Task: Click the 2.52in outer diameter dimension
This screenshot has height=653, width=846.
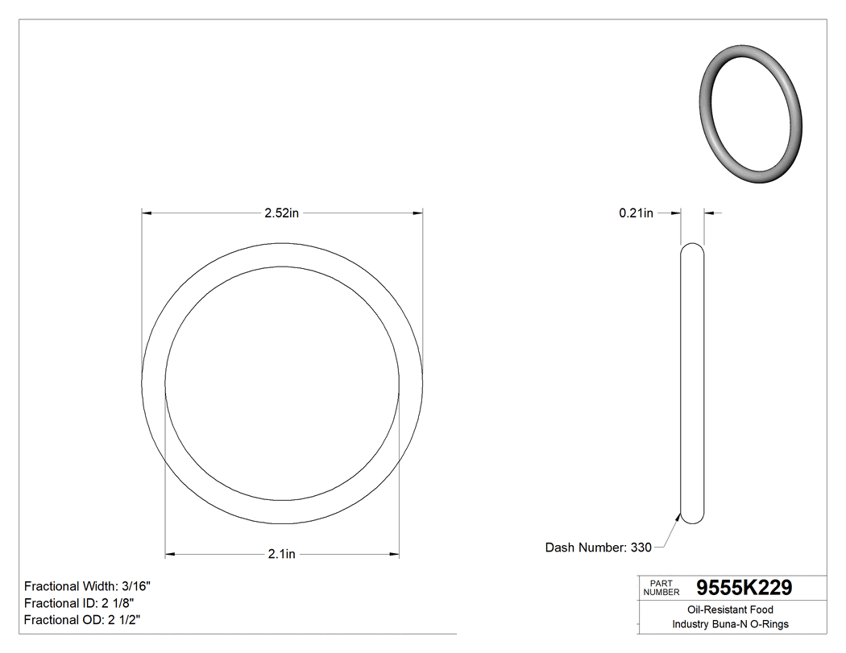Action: point(282,213)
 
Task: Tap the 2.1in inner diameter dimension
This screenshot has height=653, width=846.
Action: point(282,555)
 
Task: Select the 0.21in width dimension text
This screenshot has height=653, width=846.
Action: point(636,213)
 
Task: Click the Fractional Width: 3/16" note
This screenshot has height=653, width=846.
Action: point(87,586)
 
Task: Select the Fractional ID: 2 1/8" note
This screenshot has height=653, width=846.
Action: point(79,603)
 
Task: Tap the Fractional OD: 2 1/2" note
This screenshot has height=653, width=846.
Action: point(83,620)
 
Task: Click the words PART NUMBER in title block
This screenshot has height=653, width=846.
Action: point(661,588)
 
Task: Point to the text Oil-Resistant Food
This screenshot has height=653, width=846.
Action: point(730,610)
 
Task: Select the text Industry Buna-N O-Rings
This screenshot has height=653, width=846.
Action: point(730,625)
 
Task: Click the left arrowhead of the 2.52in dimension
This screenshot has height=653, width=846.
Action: point(147,213)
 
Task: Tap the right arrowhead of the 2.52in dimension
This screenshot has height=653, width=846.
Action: point(418,213)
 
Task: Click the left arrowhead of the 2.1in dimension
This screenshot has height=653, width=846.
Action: point(170,555)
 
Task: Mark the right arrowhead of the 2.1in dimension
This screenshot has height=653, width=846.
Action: point(395,555)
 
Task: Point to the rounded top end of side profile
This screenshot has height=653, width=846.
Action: point(692,246)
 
